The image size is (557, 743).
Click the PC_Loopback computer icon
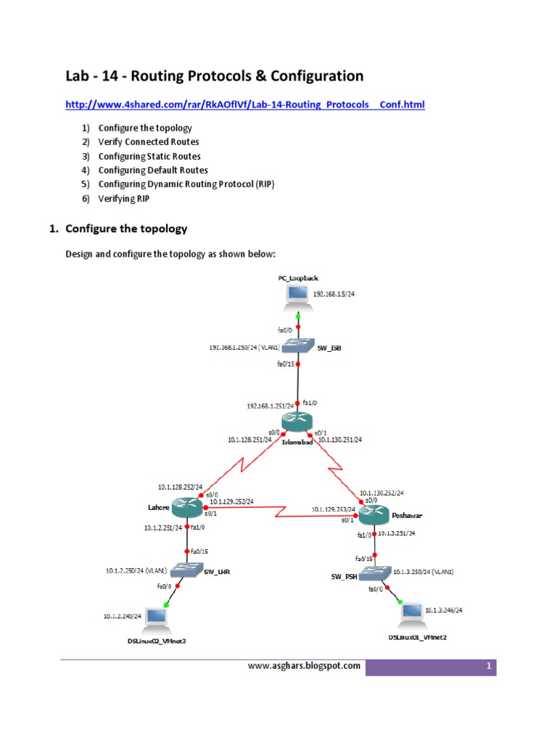(297, 295)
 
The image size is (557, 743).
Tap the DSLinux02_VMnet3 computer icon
(155, 617)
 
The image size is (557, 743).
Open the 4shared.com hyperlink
(245, 105)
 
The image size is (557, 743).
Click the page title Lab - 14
(215, 75)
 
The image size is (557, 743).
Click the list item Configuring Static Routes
(149, 156)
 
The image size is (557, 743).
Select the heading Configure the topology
(125, 229)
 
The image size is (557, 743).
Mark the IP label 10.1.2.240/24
(123, 616)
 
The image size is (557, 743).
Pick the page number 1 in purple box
(490, 666)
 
